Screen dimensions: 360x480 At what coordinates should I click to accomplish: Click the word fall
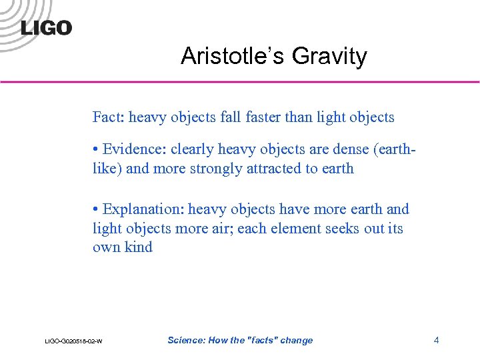pyautogui.click(x=231, y=118)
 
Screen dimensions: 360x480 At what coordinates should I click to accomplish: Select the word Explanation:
pyautogui.click(x=143, y=209)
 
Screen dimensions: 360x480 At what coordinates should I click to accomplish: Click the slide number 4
pyautogui.click(x=436, y=340)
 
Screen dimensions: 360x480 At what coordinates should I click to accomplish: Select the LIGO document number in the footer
pyautogui.click(x=73, y=341)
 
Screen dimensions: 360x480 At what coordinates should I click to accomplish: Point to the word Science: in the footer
pyautogui.click(x=187, y=340)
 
